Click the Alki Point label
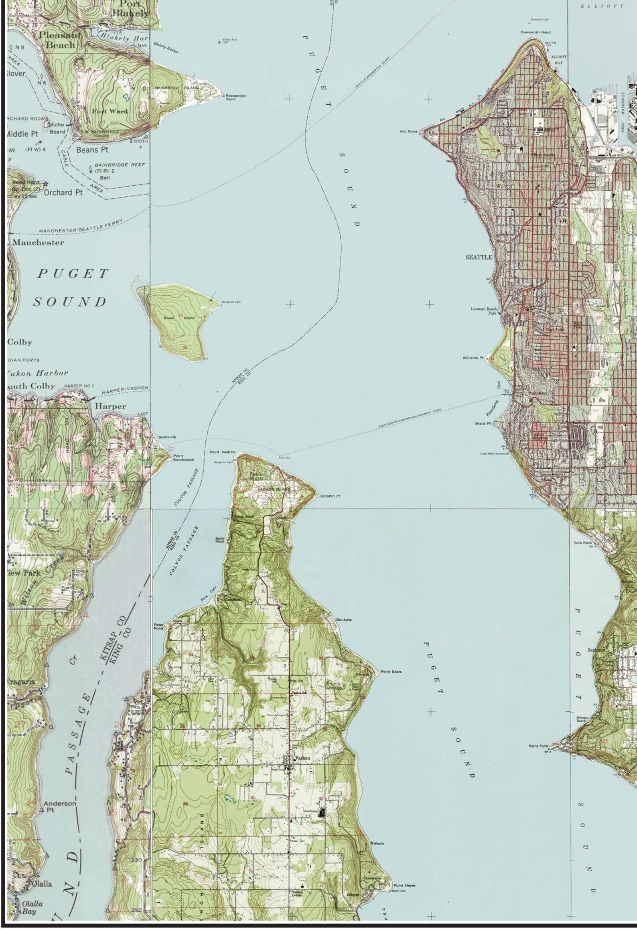409,131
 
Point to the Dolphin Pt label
330,496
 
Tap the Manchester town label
38,243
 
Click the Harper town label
110,406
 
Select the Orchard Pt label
63,193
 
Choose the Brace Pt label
483,423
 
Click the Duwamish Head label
536,32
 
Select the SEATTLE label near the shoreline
478,258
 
